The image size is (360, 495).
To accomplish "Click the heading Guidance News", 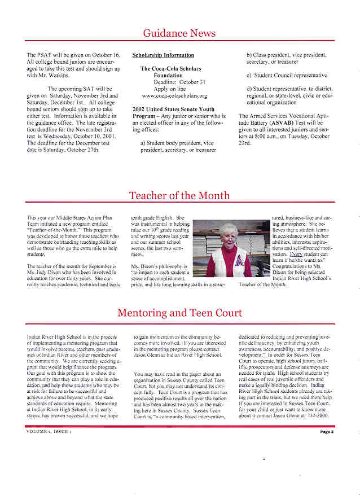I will tap(179, 33).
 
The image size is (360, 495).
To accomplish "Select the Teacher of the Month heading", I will tap(179, 196).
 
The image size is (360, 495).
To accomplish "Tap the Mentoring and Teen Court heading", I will tap(179, 313).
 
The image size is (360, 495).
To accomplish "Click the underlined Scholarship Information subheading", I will tap(163, 55).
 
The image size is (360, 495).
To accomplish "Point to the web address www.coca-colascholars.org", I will tap(174, 96).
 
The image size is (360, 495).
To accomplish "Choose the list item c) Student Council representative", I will tap(287, 75).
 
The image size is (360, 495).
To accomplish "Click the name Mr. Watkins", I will tap(55, 75).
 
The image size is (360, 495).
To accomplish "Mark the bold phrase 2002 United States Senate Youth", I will tap(173, 109).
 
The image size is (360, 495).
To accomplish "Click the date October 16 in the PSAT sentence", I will tap(106, 55).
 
